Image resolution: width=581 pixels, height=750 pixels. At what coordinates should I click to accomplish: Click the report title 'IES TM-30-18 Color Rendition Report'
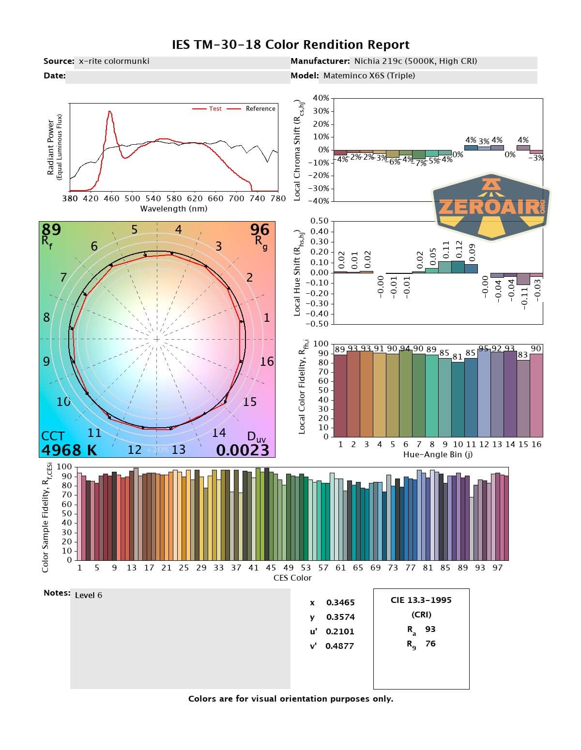(290, 45)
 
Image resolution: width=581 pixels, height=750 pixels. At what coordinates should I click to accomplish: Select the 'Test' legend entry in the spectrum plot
(215, 109)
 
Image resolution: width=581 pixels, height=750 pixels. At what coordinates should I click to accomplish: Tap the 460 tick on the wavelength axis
(111, 198)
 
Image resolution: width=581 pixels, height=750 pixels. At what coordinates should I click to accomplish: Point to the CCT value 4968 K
(69, 450)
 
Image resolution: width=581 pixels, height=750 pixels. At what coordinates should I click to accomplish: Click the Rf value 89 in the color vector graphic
(51, 229)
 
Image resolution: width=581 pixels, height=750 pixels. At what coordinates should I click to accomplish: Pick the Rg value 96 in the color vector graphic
(260, 229)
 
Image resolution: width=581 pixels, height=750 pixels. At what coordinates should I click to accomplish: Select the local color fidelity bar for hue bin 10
(458, 399)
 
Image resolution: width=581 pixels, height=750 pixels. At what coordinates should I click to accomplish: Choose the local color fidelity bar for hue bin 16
(536, 395)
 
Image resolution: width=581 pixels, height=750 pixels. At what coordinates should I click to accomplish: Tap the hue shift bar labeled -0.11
(523, 279)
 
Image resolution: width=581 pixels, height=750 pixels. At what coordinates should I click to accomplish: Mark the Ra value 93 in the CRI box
(430, 629)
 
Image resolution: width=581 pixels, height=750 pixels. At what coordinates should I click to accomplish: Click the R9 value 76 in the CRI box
(430, 644)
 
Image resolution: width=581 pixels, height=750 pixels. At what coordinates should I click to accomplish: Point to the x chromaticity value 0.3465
(340, 602)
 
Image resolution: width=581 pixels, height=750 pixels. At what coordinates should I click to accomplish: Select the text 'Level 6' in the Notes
(89, 595)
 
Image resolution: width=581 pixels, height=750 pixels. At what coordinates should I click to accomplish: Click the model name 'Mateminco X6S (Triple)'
(369, 75)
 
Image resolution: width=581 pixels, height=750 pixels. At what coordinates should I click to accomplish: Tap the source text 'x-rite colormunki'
(114, 61)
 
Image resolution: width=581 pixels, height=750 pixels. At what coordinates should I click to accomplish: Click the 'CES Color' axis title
(292, 578)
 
